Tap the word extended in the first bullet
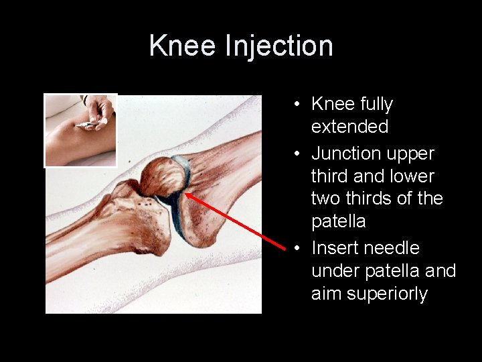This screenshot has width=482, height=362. tap(349, 127)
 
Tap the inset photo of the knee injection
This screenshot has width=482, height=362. tap(80, 130)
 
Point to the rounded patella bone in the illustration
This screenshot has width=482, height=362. tap(161, 177)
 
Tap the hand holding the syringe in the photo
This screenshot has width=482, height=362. tap(100, 111)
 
